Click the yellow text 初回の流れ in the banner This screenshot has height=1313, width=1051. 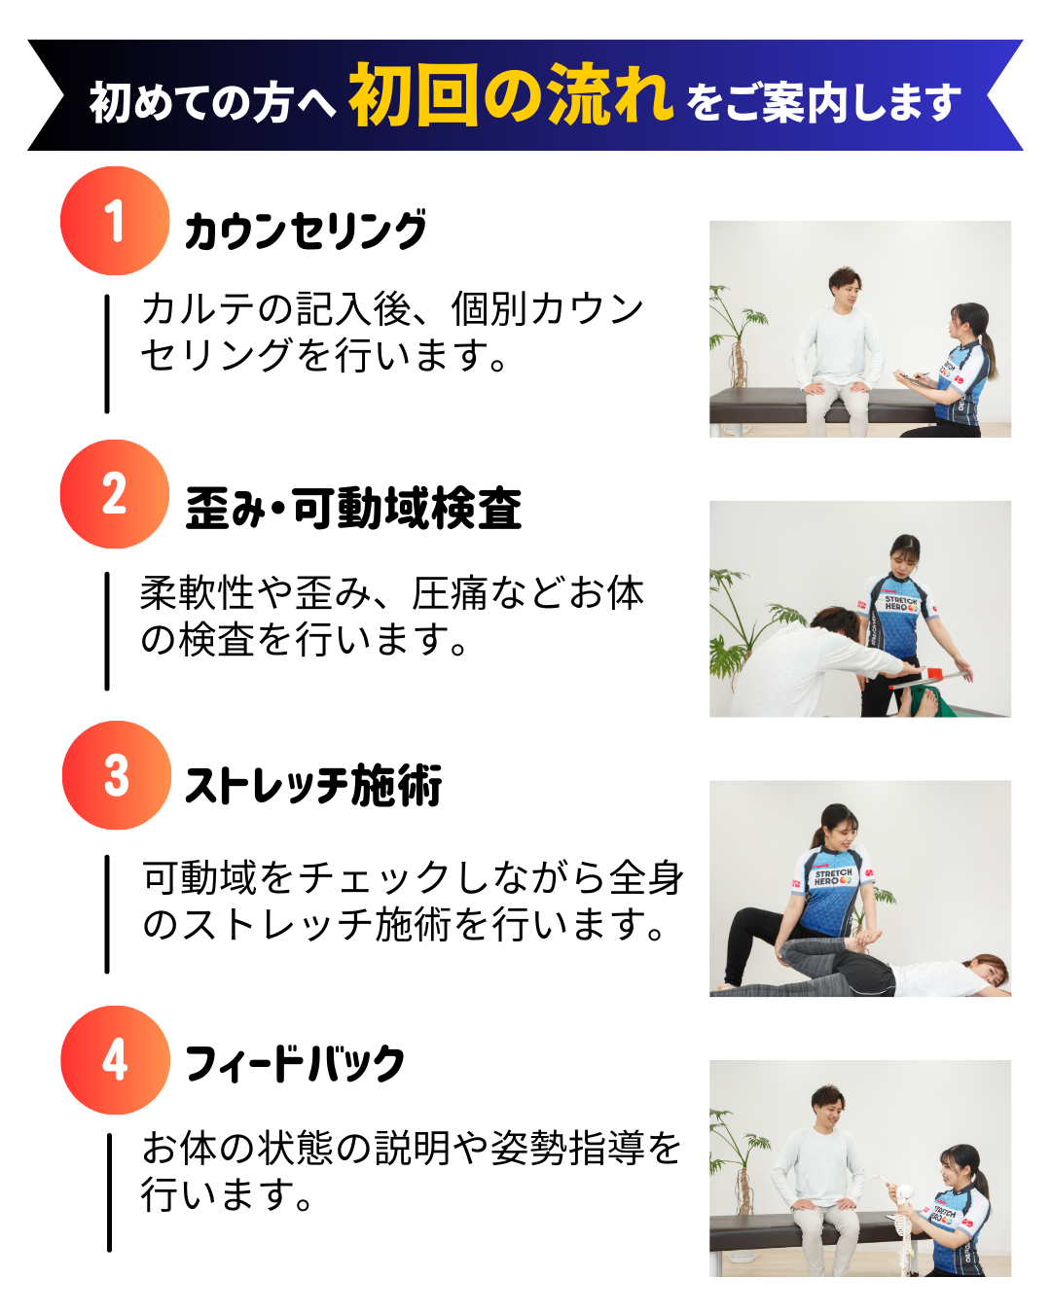pos(511,94)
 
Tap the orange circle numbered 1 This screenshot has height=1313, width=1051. pos(115,221)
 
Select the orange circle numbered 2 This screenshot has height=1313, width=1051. pos(115,494)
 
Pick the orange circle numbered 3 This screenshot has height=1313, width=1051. pos(117,775)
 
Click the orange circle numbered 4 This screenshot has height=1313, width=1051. pos(116,1060)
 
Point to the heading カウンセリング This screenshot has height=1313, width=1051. pos(306,231)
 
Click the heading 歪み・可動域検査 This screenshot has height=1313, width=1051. pos(353,508)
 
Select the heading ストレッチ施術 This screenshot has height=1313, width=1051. pos(313,785)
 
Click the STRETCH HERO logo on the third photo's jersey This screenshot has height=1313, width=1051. pos(834,876)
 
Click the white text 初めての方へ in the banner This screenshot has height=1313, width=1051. pos(212,102)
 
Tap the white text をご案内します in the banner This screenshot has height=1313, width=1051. pos(822,102)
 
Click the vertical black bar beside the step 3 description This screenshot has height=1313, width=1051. pos(107,914)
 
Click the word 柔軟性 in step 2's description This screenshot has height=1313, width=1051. pos(197,592)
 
